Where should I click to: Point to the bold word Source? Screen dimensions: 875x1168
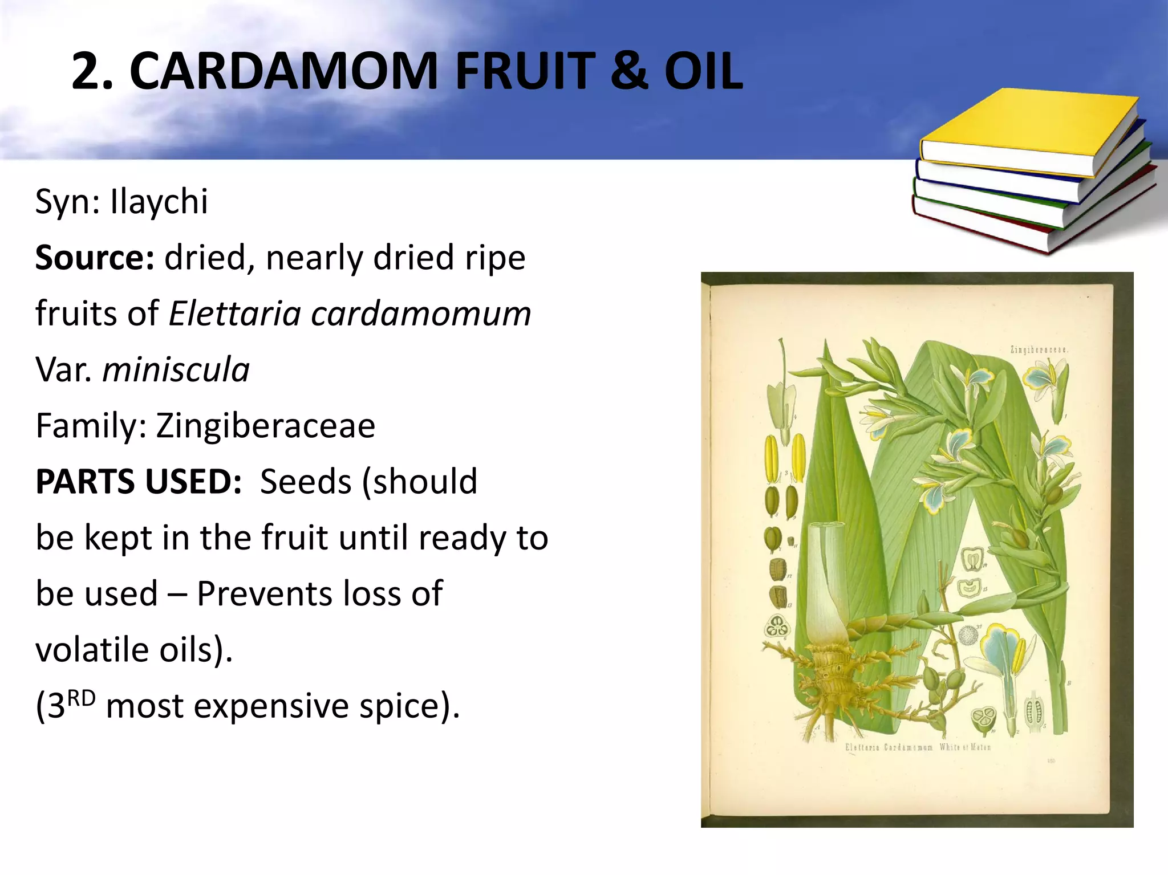coord(95,258)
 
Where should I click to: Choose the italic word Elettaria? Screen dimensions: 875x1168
coord(234,314)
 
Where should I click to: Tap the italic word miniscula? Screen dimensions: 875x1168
coord(176,369)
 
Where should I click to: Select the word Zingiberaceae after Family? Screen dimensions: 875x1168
coord(266,425)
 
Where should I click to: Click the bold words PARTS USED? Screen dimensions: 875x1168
coord(139,481)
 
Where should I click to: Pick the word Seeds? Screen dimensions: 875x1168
coord(305,481)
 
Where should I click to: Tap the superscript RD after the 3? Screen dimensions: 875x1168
coord(81,698)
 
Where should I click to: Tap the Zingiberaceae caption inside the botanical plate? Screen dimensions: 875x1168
coord(1039,349)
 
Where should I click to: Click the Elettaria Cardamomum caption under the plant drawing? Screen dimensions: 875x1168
coord(918,747)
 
